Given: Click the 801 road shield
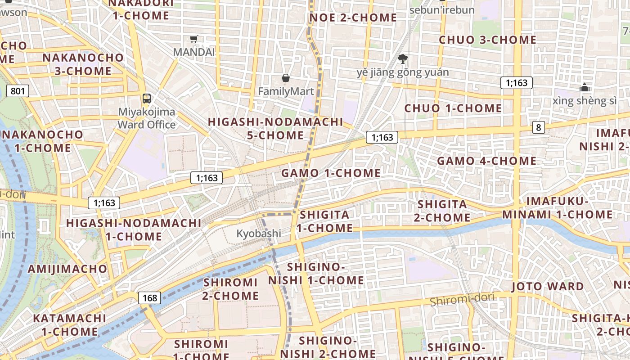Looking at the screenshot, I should [18, 91].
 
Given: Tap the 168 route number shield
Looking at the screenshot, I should [149, 298].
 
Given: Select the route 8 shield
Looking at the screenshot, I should [538, 127].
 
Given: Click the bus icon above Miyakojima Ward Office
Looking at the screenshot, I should [146, 98].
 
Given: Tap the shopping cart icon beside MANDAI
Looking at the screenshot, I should [194, 39].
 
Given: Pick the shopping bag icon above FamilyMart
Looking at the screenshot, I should [285, 78].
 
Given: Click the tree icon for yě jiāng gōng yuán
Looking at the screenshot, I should [403, 58].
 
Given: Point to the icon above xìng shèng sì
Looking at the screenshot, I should [585, 87].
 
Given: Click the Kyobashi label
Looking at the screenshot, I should [259, 234].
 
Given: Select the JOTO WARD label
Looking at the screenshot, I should [548, 287].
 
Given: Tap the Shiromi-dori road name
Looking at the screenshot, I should [462, 299].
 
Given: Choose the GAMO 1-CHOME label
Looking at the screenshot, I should [331, 173].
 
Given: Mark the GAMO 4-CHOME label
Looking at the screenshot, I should [487, 161].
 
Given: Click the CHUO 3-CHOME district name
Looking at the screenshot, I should [487, 40].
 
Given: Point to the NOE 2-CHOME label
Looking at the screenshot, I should [353, 18].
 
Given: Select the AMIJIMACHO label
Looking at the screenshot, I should [67, 269].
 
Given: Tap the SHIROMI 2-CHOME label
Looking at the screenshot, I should [230, 289].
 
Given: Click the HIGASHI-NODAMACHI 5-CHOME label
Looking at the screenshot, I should [275, 129].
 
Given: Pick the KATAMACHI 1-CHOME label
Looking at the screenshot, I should [70, 325].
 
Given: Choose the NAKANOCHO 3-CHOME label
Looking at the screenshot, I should [83, 64].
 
